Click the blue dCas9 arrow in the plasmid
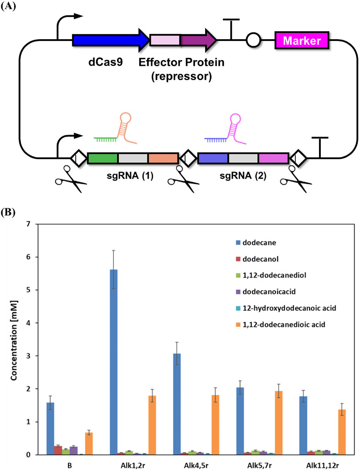pyautogui.click(x=109, y=41)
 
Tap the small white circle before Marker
pyautogui.click(x=253, y=41)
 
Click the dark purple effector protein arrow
pyautogui.click(x=198, y=41)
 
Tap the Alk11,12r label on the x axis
pyautogui.click(x=310, y=464)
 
